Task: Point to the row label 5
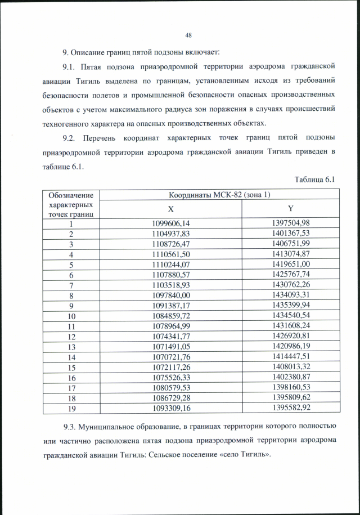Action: [x=71, y=265]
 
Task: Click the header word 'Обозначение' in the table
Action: [x=71, y=195]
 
